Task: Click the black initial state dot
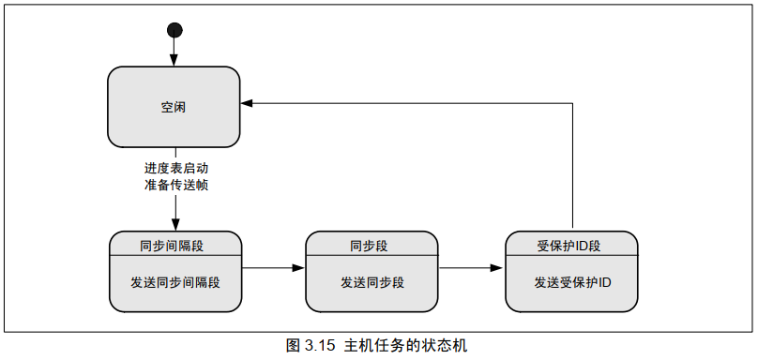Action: pos(174,30)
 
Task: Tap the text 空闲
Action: pos(174,107)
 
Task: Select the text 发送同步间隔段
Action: pos(175,281)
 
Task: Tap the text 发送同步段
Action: pos(371,281)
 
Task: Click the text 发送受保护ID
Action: pos(572,281)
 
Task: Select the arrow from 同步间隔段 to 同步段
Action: pos(272,269)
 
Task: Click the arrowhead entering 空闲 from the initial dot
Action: pos(174,61)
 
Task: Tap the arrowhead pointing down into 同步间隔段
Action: pos(174,224)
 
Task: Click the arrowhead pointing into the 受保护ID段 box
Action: pos(499,269)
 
